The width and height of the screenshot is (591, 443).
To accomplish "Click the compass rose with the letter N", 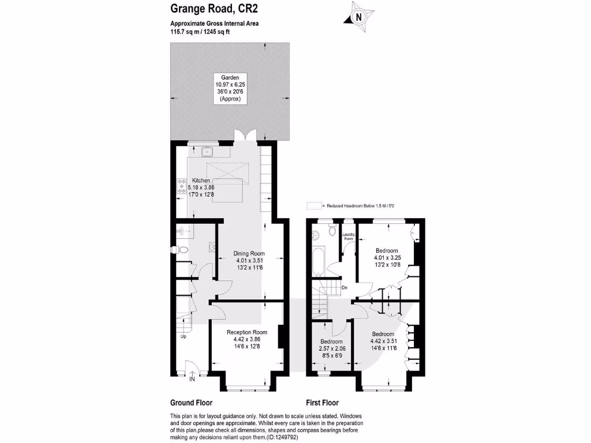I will tap(359, 17).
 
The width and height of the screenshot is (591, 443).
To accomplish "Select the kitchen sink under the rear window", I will tap(207, 152).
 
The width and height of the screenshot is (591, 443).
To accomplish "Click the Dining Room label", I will tap(249, 253).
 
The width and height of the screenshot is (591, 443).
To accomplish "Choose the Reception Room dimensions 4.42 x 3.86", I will tap(247, 340).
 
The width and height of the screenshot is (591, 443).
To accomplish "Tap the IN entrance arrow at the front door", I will tap(192, 379).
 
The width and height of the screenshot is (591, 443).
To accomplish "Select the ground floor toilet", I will tap(182, 250).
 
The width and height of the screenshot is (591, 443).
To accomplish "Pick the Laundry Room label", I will tap(348, 235).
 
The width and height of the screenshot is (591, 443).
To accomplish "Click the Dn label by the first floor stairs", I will tap(345, 287).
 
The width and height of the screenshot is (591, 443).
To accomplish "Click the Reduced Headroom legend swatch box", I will tap(315, 205).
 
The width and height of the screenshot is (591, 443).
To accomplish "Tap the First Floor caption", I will tap(322, 403).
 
